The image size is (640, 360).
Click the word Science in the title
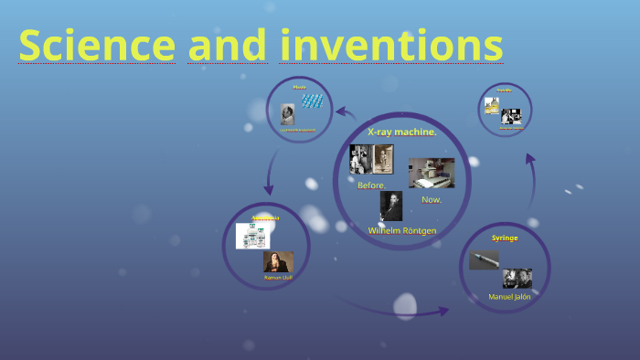point(96,45)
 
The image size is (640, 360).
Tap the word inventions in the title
point(391,45)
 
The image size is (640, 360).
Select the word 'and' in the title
point(228,45)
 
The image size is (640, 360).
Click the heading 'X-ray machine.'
point(402,132)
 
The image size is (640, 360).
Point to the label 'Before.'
point(371,185)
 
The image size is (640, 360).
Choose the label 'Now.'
point(431,198)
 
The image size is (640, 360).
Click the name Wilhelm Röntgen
point(402,230)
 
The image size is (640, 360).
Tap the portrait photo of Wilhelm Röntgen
point(391,206)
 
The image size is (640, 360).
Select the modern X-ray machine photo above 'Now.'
point(431,173)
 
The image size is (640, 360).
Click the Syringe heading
point(505,238)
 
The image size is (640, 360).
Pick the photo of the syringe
point(484,260)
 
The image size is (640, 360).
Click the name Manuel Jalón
point(509,296)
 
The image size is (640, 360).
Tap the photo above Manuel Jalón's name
point(517,278)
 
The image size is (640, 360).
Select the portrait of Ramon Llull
point(278,261)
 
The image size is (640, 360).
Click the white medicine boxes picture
point(252,236)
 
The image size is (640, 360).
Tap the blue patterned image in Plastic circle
point(313,101)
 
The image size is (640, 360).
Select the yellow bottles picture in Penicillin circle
point(492,106)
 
